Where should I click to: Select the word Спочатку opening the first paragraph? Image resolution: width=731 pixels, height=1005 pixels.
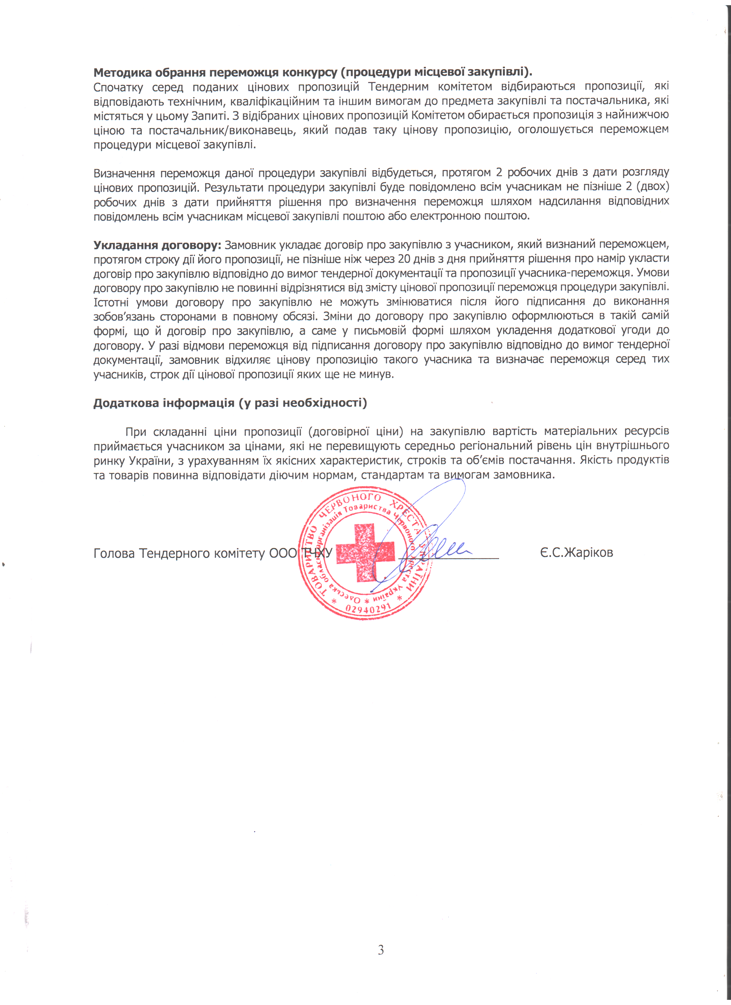pos(118,87)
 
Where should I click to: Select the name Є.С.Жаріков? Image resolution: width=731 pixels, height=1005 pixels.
pos(576,553)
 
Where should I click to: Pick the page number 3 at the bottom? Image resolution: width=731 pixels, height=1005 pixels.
pos(380,950)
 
